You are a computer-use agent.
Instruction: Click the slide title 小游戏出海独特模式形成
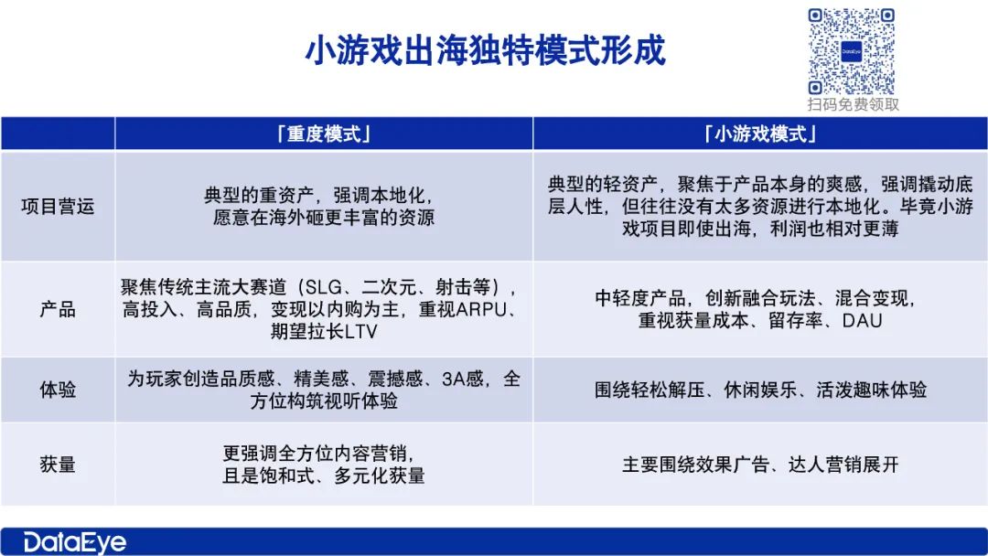485,50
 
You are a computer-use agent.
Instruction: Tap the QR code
852,51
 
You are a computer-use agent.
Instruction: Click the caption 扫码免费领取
854,104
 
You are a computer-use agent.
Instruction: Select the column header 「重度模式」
324,134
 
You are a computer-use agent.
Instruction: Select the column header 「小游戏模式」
760,134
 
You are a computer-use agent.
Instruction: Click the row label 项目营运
58,206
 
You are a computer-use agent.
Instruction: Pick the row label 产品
58,309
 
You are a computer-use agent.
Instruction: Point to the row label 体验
58,390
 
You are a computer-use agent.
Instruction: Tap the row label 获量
58,464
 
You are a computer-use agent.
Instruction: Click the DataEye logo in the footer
74,542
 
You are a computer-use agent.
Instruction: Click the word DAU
862,320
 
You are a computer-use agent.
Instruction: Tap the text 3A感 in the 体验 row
463,379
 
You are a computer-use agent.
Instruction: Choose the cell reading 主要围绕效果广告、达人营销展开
760,465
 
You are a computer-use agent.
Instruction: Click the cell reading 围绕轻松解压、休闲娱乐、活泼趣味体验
760,390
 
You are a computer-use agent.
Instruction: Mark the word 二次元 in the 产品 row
389,287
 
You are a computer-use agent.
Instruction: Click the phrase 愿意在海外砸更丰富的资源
323,218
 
